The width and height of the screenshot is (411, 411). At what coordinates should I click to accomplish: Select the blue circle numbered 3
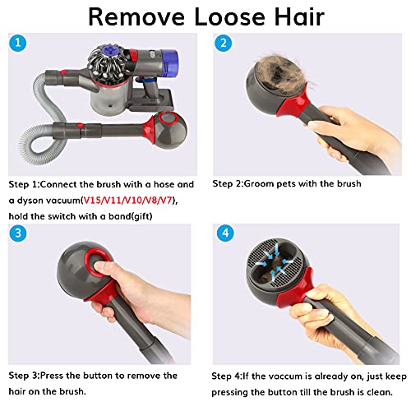[x=19, y=233]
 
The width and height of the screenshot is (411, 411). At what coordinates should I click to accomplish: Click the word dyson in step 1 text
[x=33, y=200]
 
